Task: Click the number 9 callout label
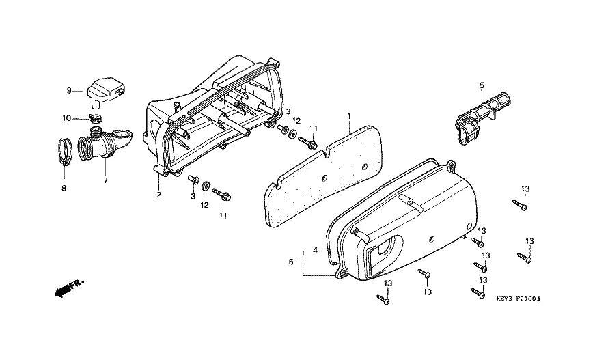(x=68, y=90)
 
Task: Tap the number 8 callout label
(x=64, y=189)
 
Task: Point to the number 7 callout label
(x=105, y=180)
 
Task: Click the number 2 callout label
(x=158, y=195)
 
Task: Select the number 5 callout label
(x=481, y=85)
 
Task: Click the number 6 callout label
(x=291, y=262)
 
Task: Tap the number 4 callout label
(x=315, y=250)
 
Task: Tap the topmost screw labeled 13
(x=521, y=203)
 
